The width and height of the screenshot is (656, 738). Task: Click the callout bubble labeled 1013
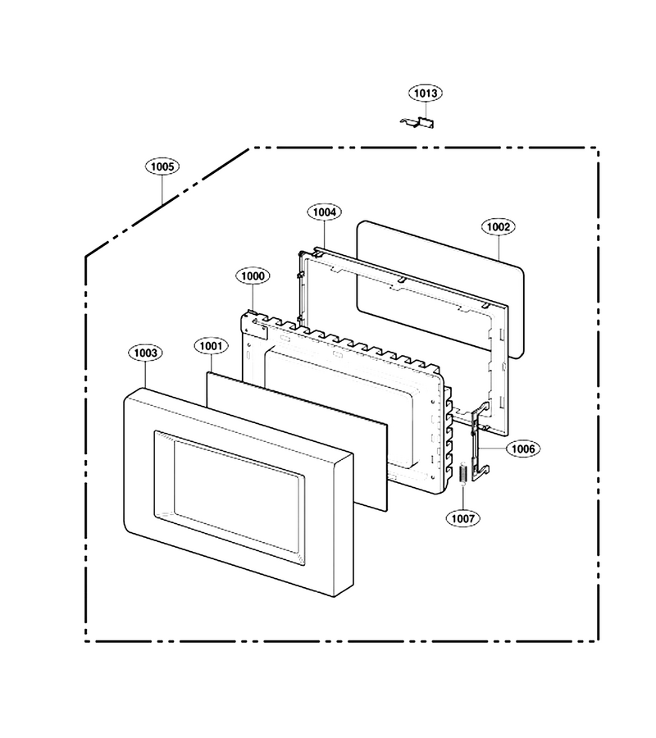click(x=426, y=93)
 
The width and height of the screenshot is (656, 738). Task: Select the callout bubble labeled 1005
click(x=162, y=166)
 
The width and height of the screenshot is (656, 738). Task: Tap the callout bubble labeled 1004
click(x=325, y=212)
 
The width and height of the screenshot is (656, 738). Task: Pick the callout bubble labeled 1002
click(x=499, y=227)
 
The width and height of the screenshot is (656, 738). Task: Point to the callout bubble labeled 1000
click(x=253, y=276)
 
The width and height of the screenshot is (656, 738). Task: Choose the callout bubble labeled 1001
click(x=211, y=346)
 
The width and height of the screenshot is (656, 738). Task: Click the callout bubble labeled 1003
click(x=145, y=353)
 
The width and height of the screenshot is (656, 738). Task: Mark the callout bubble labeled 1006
click(x=523, y=449)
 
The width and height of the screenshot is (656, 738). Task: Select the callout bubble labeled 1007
click(x=463, y=519)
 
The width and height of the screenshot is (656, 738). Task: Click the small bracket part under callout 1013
click(x=418, y=122)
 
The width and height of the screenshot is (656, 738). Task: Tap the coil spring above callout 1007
click(x=463, y=472)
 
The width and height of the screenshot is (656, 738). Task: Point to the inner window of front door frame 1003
click(x=229, y=497)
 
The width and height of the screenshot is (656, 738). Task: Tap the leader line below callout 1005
click(x=162, y=189)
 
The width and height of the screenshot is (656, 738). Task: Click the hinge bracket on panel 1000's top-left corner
click(x=254, y=325)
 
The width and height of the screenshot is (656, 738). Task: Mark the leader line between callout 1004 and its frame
click(x=325, y=234)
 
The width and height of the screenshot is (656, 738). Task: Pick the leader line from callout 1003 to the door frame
click(x=145, y=375)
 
